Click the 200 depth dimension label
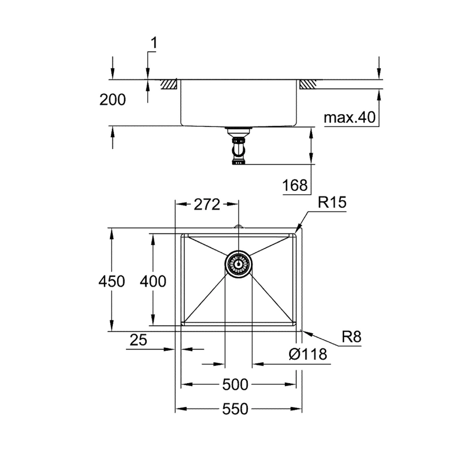tap(113, 100)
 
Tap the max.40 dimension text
tap(349, 117)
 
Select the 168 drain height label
tap(295, 185)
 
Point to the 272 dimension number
tap(207, 204)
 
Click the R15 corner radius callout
tap(332, 202)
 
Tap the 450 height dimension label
tap(112, 281)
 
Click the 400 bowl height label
tap(153, 281)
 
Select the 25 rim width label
tap(139, 340)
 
